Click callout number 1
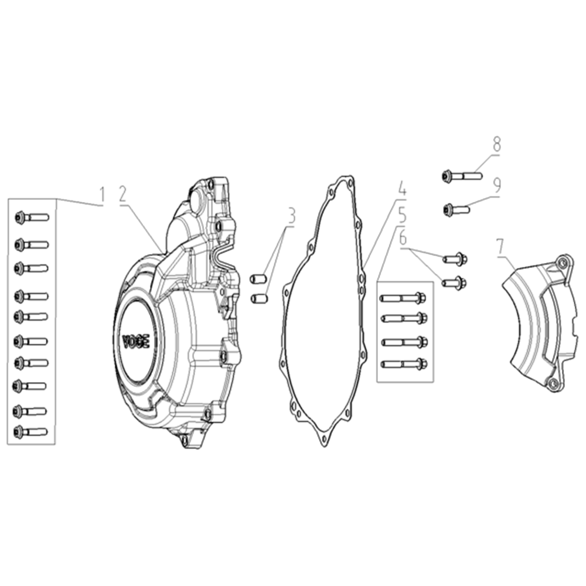click(102, 196)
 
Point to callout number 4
click(402, 188)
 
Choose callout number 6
click(403, 237)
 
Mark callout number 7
click(500, 247)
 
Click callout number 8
click(496, 144)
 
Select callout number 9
click(497, 185)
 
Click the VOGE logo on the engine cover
click(136, 341)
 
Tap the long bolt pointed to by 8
click(462, 176)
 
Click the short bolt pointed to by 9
click(456, 209)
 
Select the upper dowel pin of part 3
click(258, 279)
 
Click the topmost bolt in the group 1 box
click(32, 217)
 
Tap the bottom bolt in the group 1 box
click(30, 432)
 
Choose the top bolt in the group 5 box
click(403, 298)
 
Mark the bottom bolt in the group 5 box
click(404, 364)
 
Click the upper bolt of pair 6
click(455, 258)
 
